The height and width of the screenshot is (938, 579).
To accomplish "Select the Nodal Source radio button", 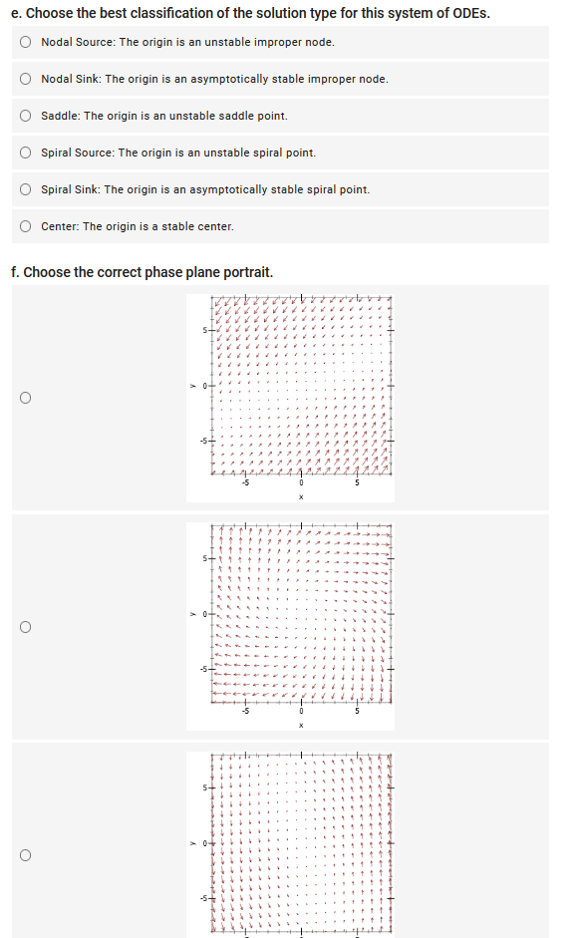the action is (25, 42).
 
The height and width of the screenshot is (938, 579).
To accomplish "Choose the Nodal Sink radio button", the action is (25, 79).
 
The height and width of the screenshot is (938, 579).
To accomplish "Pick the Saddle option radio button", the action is (25, 116).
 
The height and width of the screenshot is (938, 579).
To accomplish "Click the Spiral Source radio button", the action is (25, 153).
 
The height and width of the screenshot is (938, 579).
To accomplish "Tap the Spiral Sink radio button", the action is (25, 189).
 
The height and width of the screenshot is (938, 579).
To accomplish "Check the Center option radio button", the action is (25, 226).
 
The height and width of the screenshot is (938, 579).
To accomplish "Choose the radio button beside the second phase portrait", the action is (25, 627).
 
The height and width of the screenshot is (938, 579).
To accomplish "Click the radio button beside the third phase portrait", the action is (25, 853).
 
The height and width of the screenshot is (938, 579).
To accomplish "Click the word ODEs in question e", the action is (469, 13).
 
